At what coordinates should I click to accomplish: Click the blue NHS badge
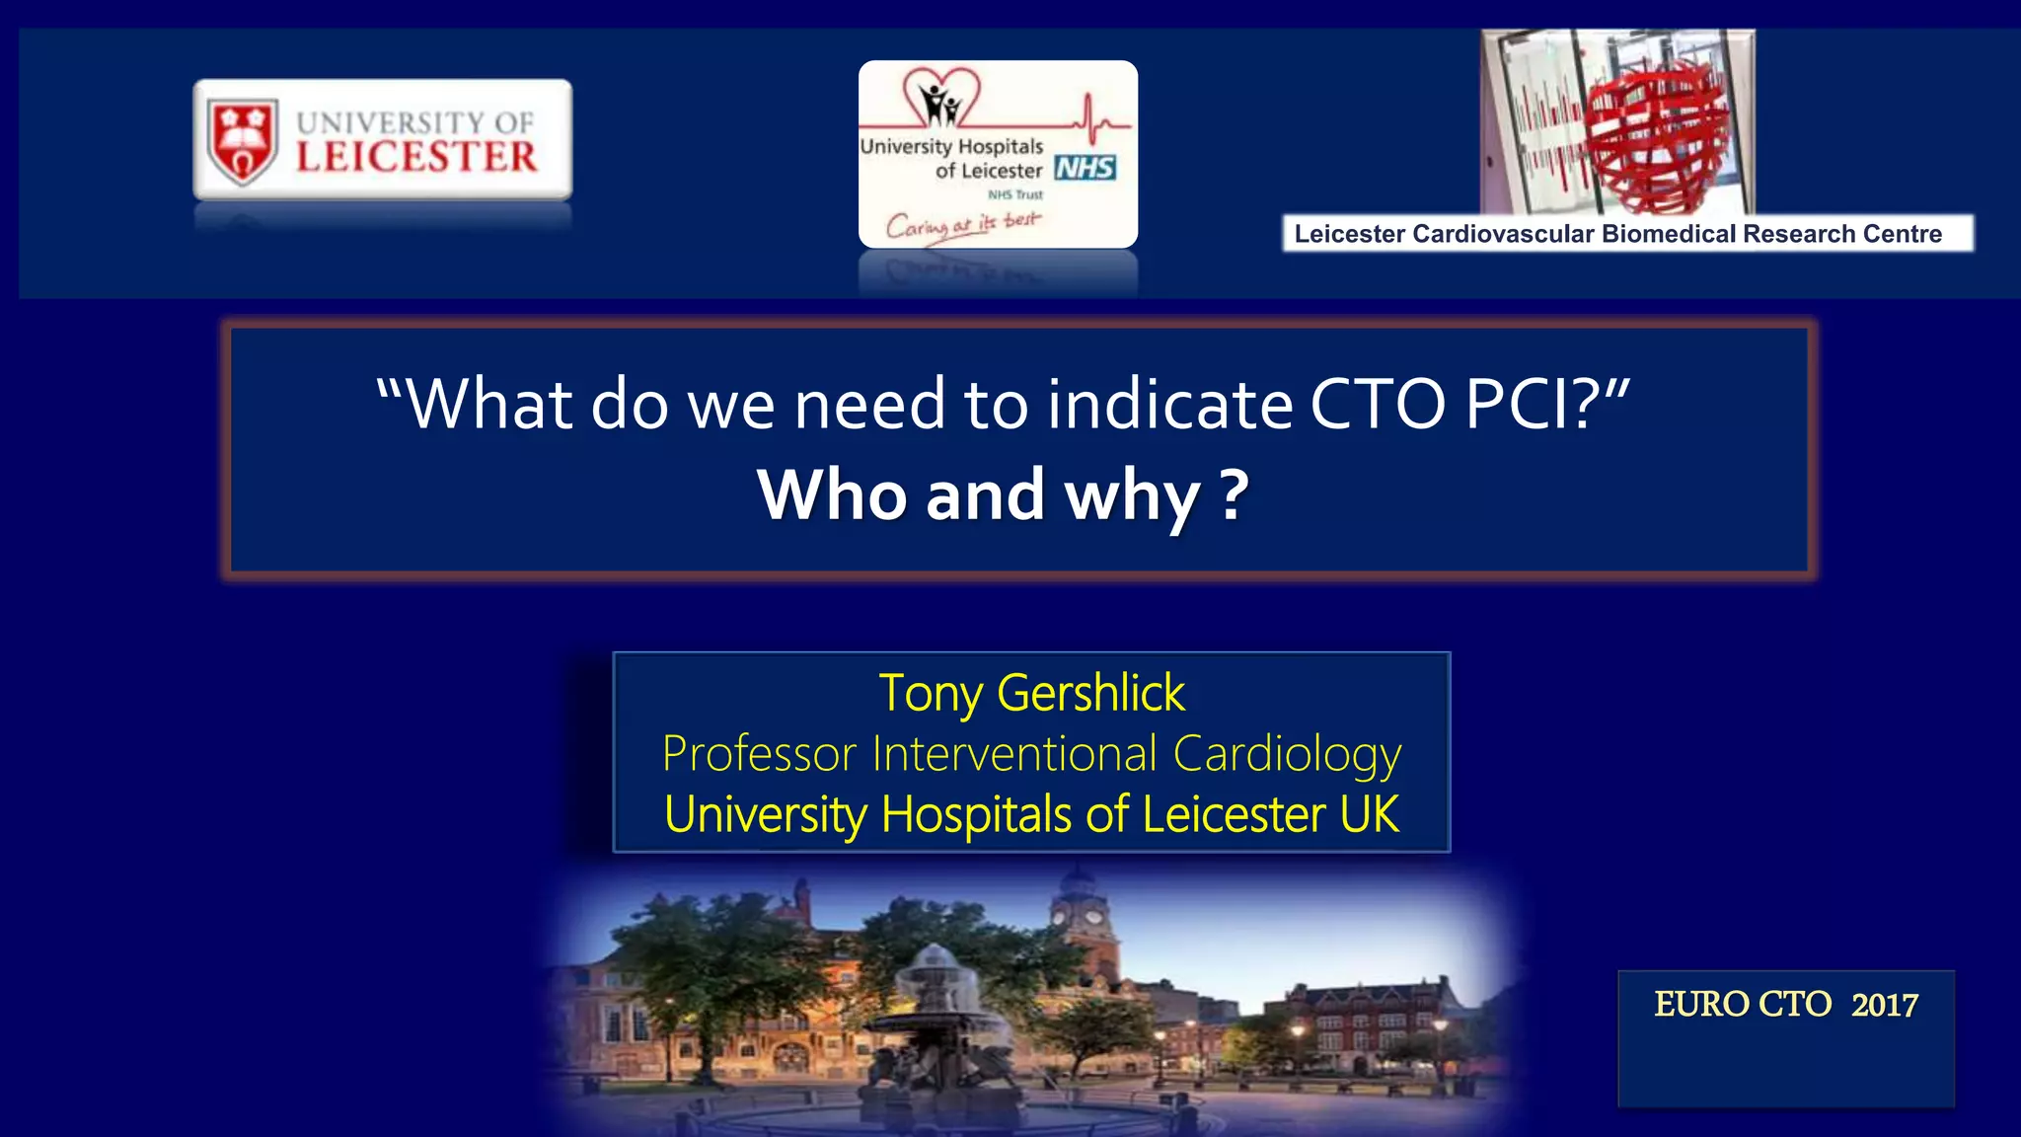[x=1085, y=168]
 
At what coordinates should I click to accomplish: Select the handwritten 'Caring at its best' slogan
[x=962, y=224]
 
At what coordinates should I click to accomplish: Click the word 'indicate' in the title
[x=1169, y=405]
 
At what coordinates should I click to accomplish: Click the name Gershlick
[x=1090, y=693]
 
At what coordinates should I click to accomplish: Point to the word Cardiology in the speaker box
[x=1287, y=755]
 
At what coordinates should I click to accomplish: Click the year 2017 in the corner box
[x=1884, y=1005]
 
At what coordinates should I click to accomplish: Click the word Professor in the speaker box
[x=759, y=755]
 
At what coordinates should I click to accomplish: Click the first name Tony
[x=930, y=693]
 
